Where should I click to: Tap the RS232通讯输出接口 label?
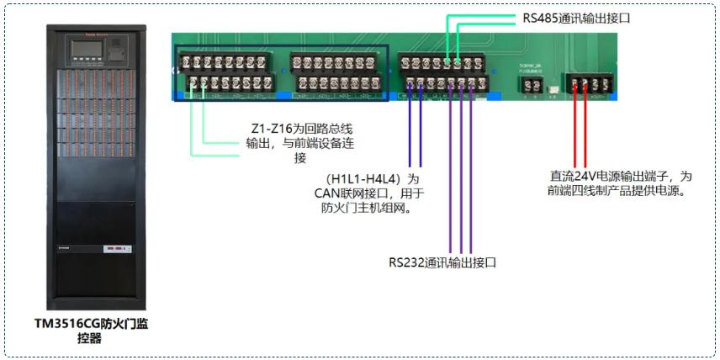[x=442, y=262]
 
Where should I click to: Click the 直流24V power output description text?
[x=621, y=183]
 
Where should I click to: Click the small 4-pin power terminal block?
[x=587, y=84]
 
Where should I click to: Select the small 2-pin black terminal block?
[x=531, y=84]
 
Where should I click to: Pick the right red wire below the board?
[x=586, y=126]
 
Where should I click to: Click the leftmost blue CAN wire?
[x=410, y=126]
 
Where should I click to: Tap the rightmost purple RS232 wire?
[x=470, y=168]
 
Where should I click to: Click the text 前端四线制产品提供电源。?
[x=621, y=191]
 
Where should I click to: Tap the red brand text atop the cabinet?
[x=90, y=37]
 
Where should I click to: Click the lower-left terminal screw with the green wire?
[x=192, y=83]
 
